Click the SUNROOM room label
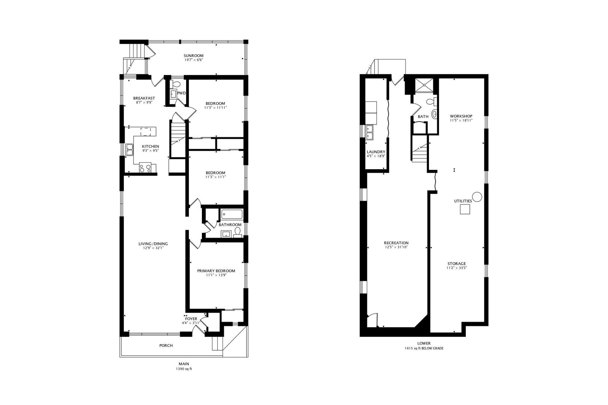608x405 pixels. point(194,55)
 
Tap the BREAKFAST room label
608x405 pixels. point(144,98)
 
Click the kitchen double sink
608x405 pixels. point(129,150)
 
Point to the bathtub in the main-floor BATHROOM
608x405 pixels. point(232,214)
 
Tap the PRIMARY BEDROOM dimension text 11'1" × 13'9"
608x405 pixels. point(216,275)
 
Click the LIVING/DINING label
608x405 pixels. point(153,244)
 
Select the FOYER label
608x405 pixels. point(191,319)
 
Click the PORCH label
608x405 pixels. point(166,345)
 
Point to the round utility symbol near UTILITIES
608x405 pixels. point(477,196)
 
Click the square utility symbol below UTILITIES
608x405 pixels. point(465,209)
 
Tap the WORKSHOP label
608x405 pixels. point(461,116)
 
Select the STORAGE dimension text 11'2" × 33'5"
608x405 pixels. point(456,268)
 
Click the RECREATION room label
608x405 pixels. point(396,243)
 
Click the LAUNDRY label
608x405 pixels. point(376,152)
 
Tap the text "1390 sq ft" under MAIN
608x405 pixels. point(184,369)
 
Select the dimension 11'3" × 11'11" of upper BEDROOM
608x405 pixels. point(215,108)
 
